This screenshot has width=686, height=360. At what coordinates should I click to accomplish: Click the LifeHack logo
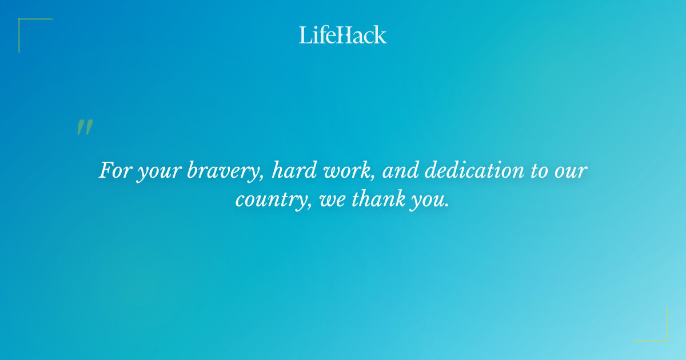[343, 35]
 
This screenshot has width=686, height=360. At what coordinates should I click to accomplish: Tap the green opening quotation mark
[85, 127]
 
